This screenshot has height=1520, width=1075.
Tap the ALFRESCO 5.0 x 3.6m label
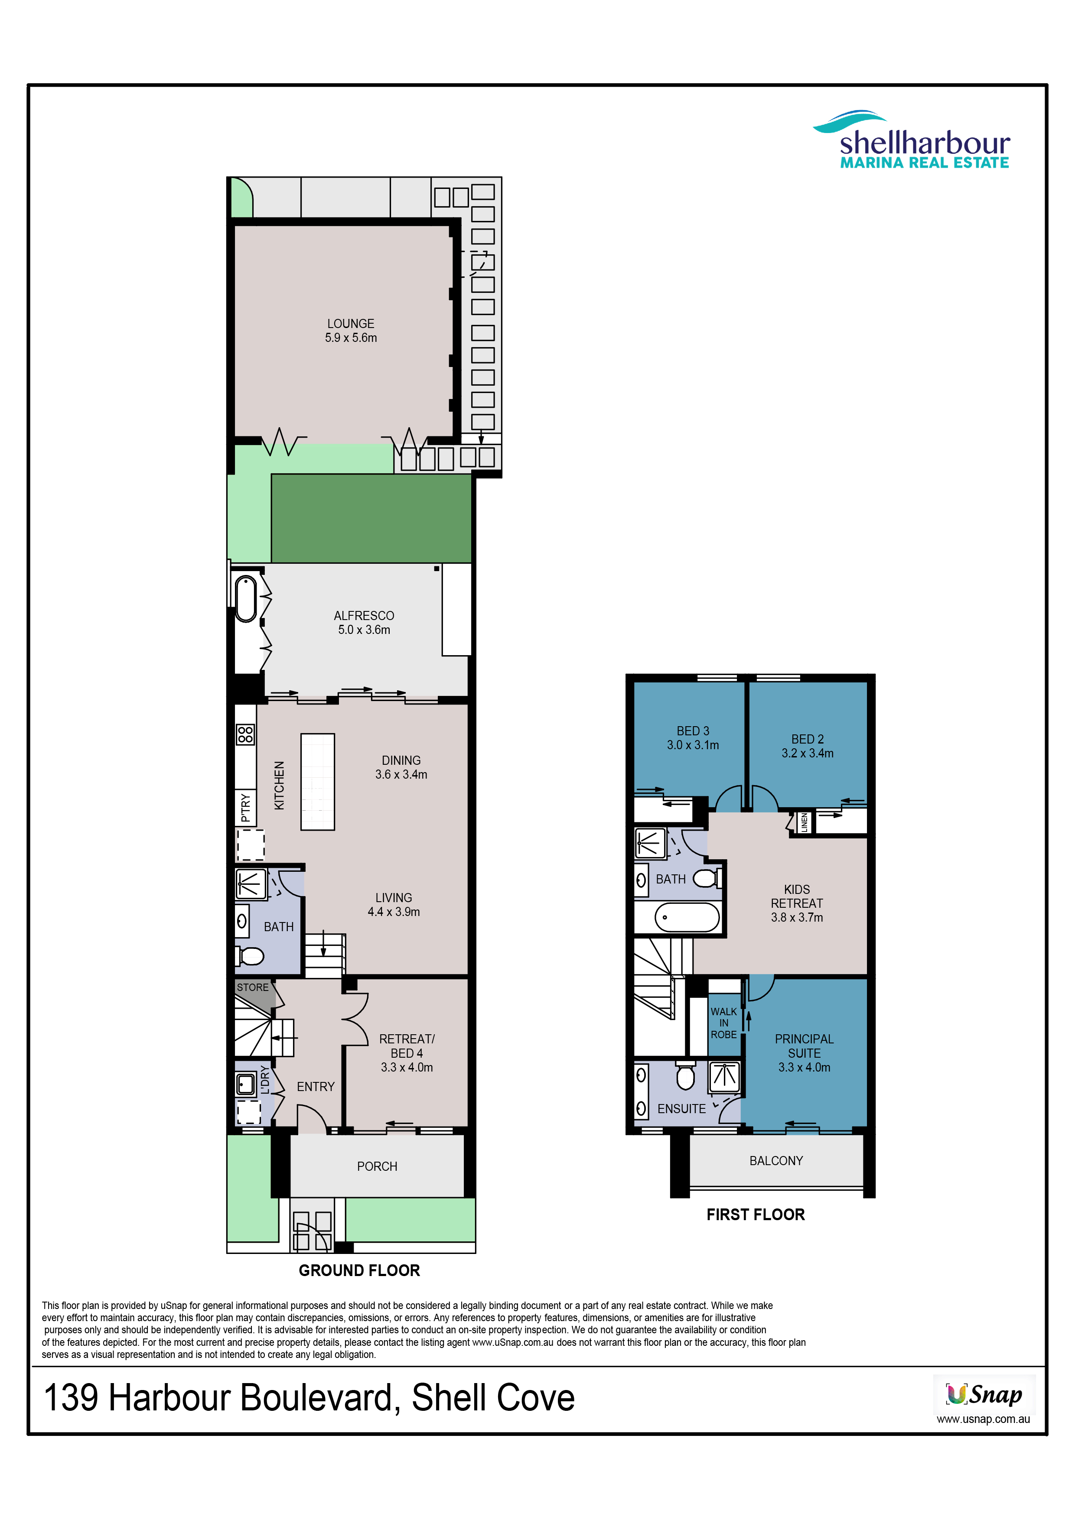[x=364, y=622]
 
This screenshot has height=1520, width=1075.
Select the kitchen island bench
[x=318, y=781]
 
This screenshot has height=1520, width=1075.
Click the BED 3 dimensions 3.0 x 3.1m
[x=692, y=745]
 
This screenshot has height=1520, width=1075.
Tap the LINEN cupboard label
[x=804, y=822]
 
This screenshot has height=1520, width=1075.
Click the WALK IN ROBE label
[x=723, y=1023]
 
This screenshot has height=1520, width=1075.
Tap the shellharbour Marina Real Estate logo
[x=912, y=140]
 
